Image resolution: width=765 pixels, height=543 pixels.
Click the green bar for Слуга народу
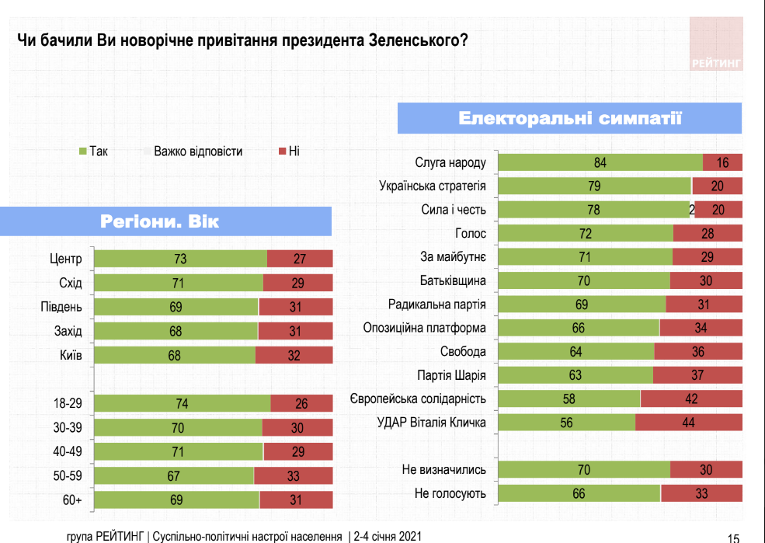tap(600, 162)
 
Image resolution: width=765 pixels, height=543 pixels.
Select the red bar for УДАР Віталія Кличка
tap(689, 423)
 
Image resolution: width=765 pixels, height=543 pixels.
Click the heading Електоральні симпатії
tap(569, 118)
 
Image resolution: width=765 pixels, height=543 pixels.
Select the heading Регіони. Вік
tap(160, 221)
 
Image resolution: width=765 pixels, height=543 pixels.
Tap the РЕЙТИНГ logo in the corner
tap(715, 63)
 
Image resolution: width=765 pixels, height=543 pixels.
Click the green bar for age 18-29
tap(182, 404)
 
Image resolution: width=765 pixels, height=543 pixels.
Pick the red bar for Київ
tap(294, 355)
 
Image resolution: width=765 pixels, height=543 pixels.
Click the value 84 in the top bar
tap(599, 162)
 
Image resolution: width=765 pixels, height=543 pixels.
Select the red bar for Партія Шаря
tap(697, 375)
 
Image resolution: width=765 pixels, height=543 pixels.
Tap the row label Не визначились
tap(443, 469)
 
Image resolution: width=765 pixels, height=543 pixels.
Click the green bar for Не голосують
tap(579, 493)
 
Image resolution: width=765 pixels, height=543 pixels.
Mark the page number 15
tap(734, 536)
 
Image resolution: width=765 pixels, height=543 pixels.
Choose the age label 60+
tap(72, 500)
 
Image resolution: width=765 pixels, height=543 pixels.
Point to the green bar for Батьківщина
tap(583, 280)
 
